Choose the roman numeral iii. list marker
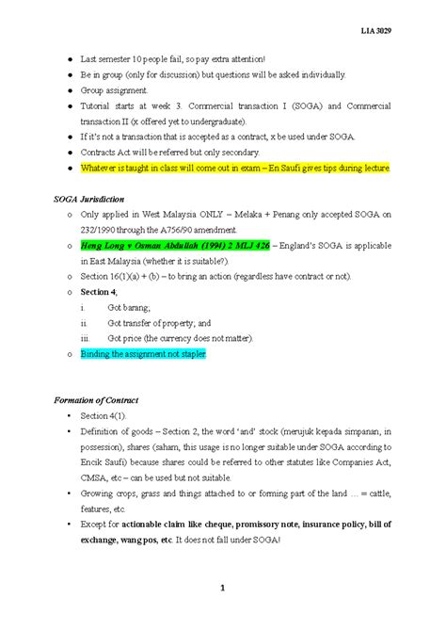point(86,337)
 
